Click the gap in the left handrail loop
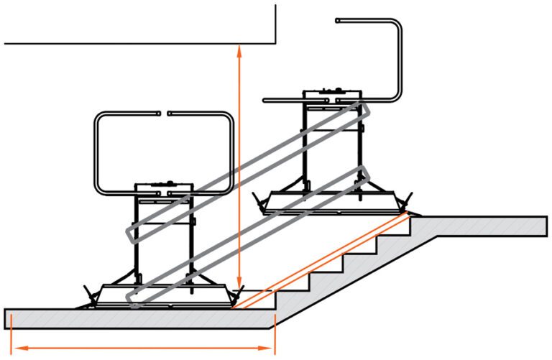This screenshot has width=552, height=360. [x=163, y=113]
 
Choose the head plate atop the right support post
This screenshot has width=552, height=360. [x=331, y=94]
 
